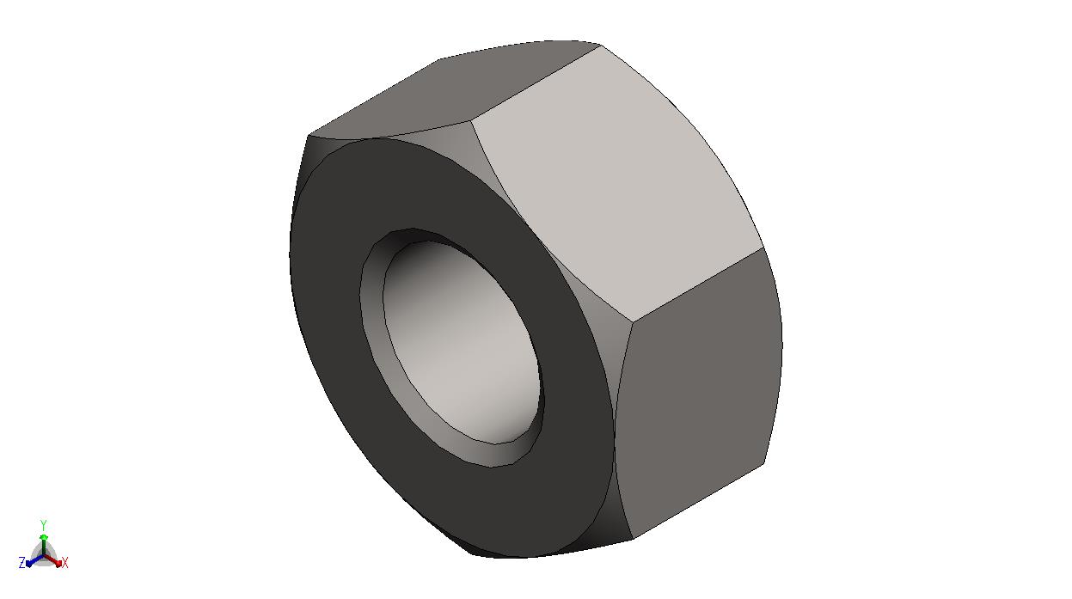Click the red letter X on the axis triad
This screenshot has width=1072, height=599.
pyautogui.click(x=65, y=563)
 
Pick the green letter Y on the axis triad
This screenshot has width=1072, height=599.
pyautogui.click(x=43, y=525)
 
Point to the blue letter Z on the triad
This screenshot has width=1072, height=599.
pyautogui.click(x=21, y=563)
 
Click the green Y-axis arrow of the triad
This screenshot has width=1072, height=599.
pyautogui.click(x=44, y=545)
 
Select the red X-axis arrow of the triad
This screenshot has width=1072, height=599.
pyautogui.click(x=53, y=560)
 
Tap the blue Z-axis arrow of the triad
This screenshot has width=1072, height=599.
pyautogui.click(x=35, y=561)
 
